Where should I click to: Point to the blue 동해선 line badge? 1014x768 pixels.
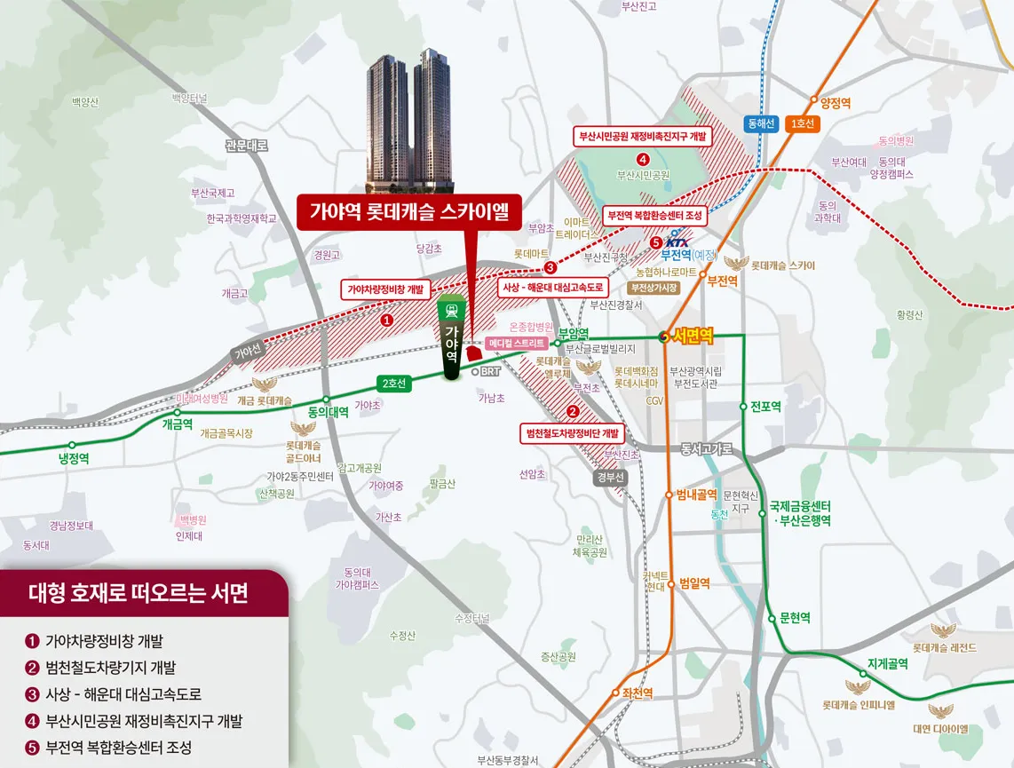(761, 124)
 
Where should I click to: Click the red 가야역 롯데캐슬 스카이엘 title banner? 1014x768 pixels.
(409, 212)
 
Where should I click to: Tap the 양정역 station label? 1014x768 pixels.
(836, 103)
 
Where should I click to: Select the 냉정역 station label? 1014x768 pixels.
(74, 458)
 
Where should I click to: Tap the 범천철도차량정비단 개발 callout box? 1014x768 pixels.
(573, 433)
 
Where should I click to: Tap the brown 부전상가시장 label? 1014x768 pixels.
(654, 288)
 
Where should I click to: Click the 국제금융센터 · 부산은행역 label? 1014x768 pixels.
(800, 514)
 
